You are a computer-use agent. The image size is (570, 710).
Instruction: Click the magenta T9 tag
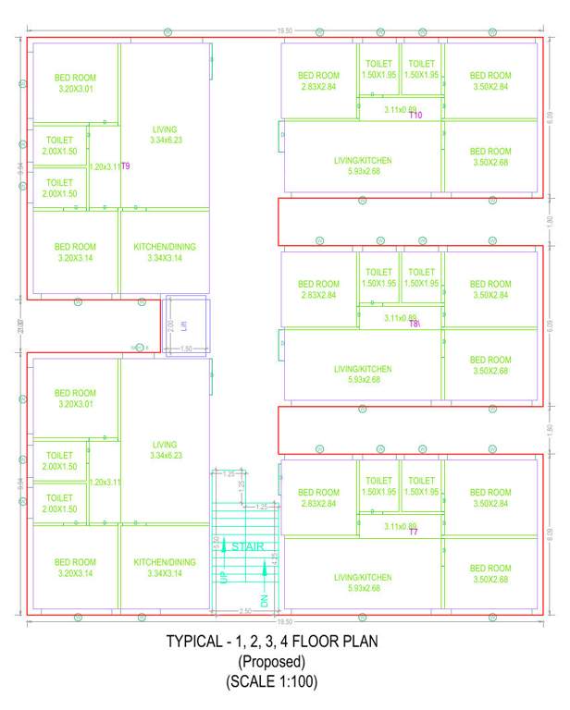[126, 166]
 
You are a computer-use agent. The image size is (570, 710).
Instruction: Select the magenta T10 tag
[415, 116]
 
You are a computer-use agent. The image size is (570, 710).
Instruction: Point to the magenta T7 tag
[414, 532]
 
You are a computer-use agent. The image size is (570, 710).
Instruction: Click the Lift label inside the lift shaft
[184, 325]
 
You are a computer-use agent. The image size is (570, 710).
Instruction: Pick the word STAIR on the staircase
[247, 546]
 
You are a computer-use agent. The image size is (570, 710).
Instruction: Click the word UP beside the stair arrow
[222, 576]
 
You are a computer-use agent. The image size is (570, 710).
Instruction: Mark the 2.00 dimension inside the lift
[170, 325]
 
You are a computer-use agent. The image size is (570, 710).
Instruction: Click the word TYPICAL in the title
[197, 642]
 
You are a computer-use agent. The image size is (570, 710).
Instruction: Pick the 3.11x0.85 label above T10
[400, 109]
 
